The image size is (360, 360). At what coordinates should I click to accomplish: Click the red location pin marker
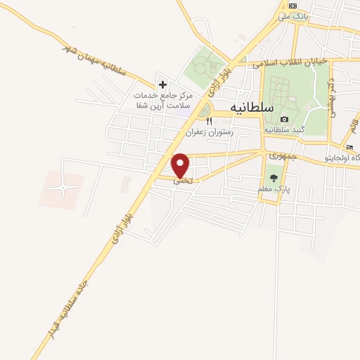181,165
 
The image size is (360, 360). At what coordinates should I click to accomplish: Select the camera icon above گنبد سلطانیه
285,120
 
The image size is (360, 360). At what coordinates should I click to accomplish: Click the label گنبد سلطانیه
285,131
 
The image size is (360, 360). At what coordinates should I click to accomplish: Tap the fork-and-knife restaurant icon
209,121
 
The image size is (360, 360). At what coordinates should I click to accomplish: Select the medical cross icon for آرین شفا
162,84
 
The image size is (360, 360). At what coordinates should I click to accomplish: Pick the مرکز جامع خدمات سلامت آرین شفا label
162,99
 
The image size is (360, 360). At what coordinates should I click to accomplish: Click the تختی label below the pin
182,181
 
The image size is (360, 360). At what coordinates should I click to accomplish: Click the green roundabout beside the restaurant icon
205,111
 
